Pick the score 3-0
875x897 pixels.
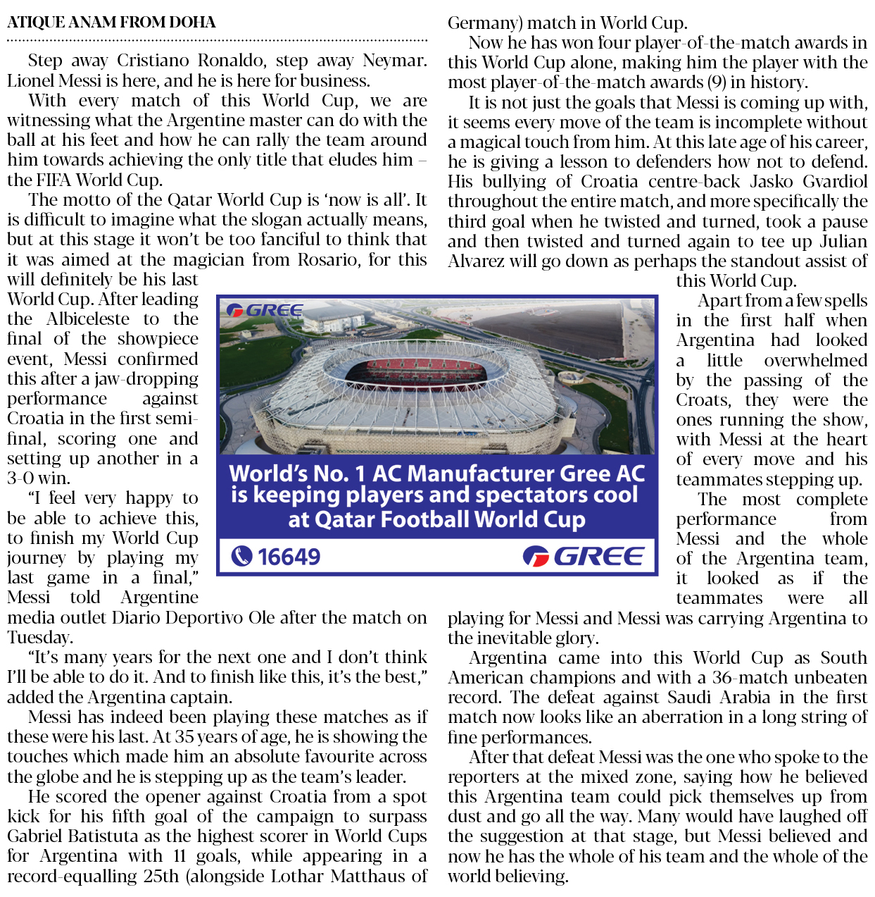(23, 478)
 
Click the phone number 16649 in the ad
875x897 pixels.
(289, 557)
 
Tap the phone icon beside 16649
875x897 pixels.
(241, 557)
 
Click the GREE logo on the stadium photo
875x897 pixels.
(265, 311)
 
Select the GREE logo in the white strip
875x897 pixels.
(584, 557)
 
